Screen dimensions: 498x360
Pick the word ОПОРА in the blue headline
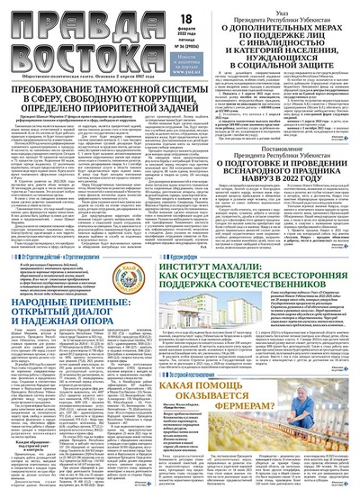coord(113,327)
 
